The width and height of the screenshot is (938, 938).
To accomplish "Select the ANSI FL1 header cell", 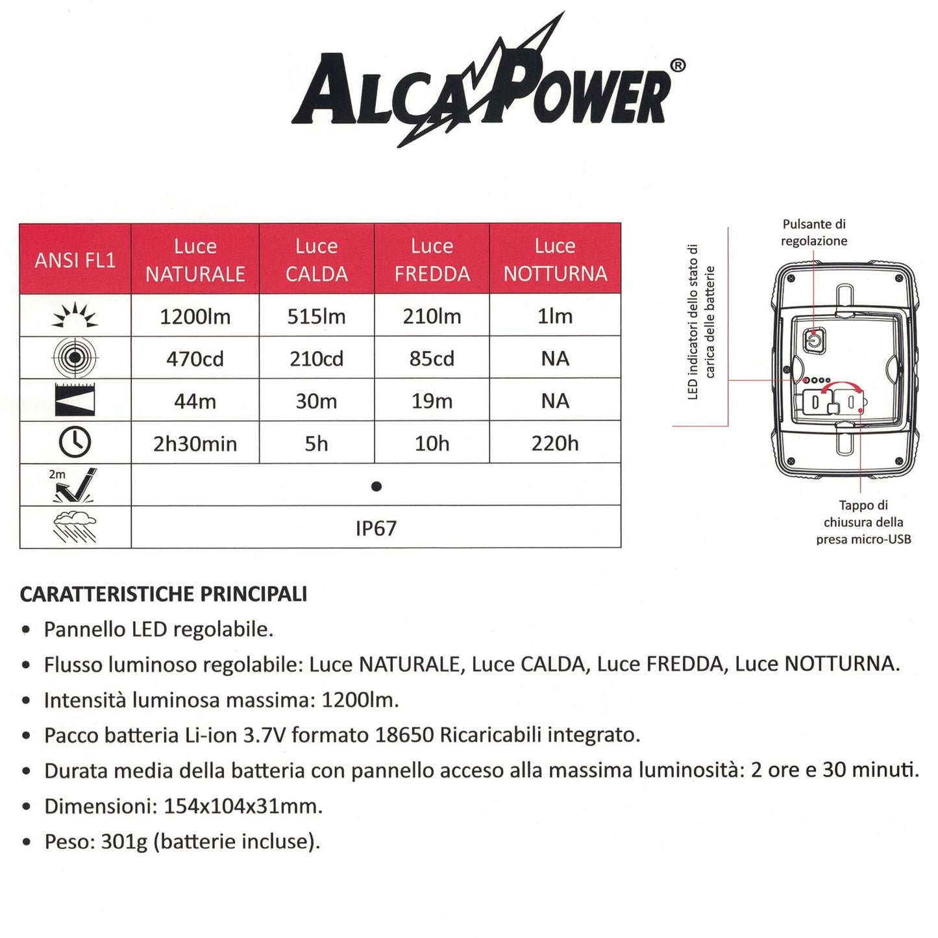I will coord(75,260).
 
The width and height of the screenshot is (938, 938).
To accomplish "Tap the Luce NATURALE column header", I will coord(195,260).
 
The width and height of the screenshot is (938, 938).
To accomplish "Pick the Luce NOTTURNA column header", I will coord(555,260).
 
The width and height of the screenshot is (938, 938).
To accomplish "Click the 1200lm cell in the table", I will coord(195,317).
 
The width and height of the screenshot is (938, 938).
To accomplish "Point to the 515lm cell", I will coord(317,317).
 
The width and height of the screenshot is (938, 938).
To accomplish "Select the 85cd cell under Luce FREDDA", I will coord(432,359).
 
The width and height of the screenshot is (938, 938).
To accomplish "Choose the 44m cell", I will coord(195,401).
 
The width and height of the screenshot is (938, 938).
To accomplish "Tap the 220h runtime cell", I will coord(555,444).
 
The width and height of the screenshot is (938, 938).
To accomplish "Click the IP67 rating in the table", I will coord(376,528).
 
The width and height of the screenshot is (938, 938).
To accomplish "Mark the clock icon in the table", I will coord(75,443).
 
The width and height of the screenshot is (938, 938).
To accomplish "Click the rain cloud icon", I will coord(75,526).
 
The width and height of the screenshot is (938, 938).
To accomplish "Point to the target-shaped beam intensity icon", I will coord(75,357).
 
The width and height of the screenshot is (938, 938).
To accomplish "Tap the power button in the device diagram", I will coord(813,340).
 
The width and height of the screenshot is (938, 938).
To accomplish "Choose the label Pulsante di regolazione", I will coord(814,232).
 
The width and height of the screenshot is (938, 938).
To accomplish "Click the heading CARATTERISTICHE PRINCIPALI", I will coord(164,594).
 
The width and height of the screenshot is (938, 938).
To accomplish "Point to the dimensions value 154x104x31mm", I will coord(243,806).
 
